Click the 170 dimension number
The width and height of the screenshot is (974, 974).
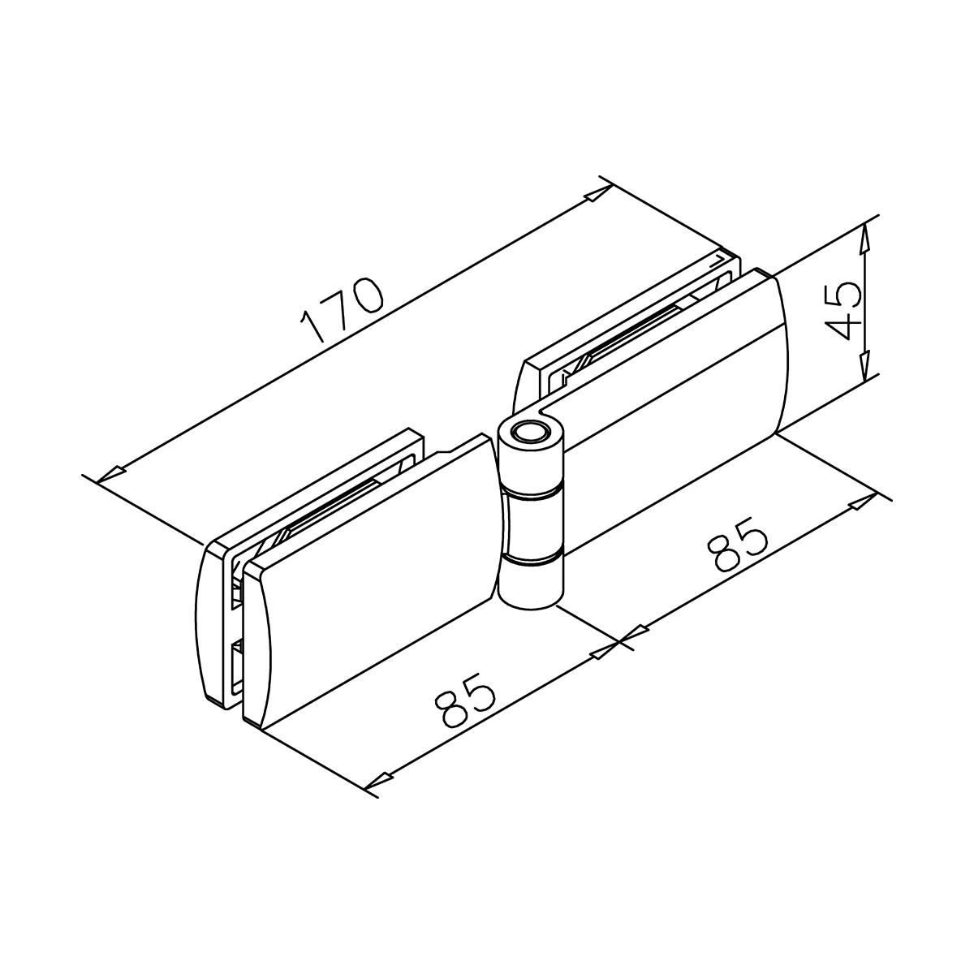(x=342, y=309)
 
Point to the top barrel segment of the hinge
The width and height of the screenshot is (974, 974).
(x=531, y=458)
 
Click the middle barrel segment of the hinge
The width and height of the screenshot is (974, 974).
(x=532, y=525)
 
